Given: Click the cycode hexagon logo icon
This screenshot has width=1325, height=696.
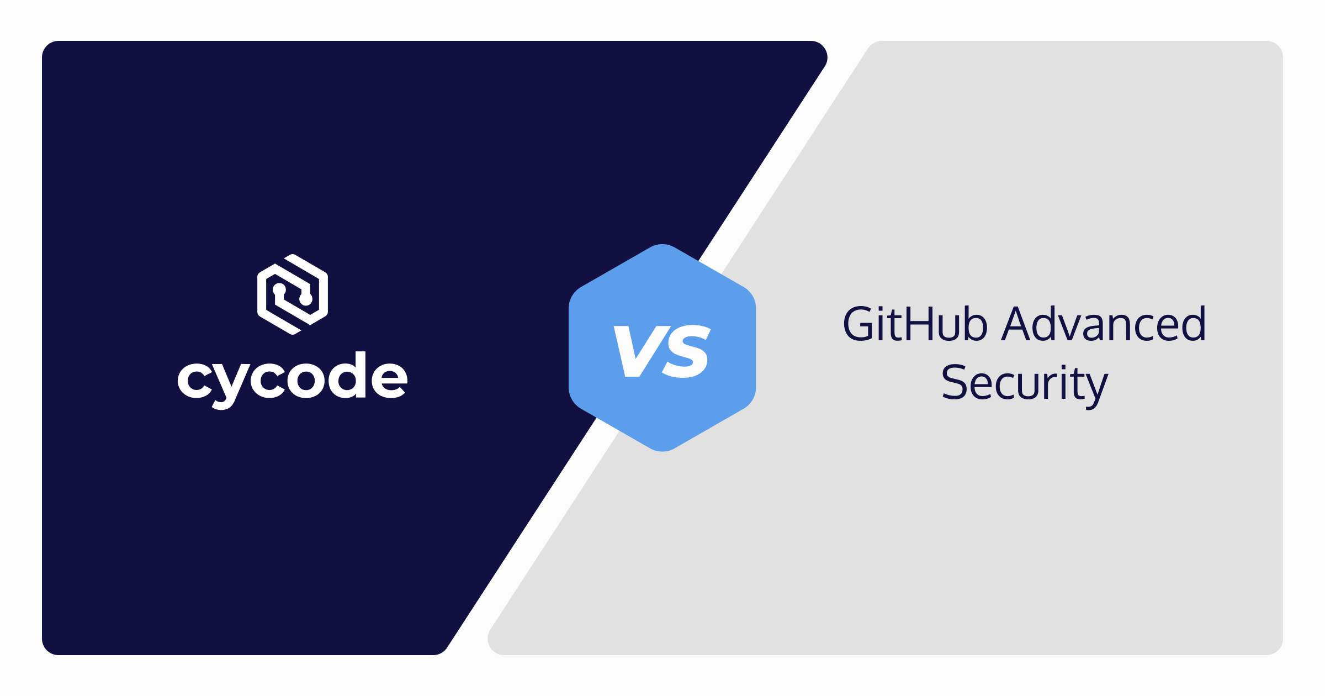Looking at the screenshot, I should tap(293, 294).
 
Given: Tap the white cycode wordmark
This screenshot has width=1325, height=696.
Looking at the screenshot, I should tap(293, 378).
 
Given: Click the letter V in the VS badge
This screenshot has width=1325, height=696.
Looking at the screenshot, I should tap(640, 351).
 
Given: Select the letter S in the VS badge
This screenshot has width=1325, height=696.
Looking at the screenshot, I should tap(687, 351).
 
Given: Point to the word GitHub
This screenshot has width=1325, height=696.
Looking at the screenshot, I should tap(915, 324).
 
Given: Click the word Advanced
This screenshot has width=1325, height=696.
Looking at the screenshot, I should tap(1104, 324).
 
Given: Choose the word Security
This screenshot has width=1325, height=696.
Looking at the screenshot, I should tap(1025, 383).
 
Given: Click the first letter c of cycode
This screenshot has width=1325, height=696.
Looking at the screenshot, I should tap(195, 379).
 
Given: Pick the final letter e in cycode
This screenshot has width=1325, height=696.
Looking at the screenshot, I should tap(389, 379).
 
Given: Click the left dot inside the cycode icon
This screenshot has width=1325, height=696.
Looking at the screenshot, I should tap(279, 289).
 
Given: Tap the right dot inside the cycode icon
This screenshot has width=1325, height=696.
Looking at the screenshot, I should tap(306, 300).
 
